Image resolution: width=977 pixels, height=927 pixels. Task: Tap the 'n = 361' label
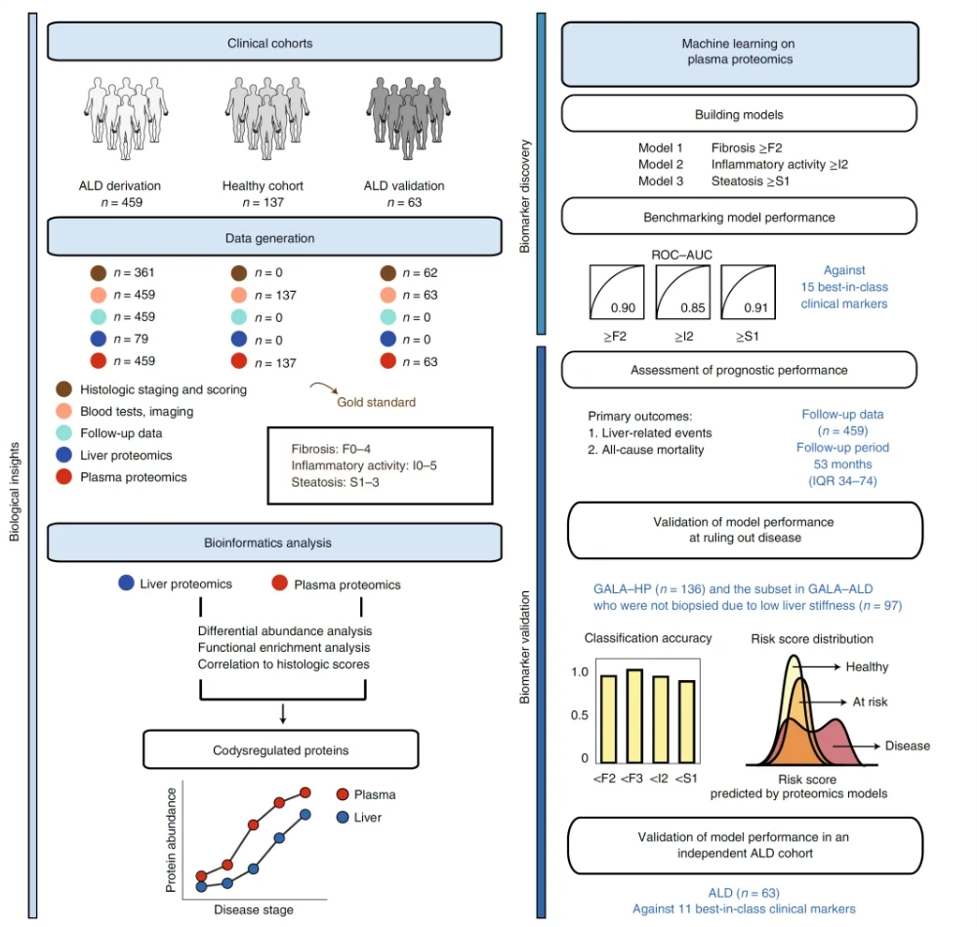click(135, 273)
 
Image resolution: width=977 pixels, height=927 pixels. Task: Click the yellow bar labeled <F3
click(634, 715)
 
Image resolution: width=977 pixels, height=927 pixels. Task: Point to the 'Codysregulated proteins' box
click(280, 750)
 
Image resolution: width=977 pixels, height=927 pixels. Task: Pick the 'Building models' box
click(739, 114)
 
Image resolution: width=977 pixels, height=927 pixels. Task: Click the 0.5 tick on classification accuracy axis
click(579, 715)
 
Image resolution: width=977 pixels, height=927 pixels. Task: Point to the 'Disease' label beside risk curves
click(908, 746)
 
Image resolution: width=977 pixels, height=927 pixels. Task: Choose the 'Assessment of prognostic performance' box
click(739, 370)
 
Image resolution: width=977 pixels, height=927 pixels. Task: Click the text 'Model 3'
click(661, 181)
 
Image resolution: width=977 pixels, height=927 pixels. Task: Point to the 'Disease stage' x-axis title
click(254, 909)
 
